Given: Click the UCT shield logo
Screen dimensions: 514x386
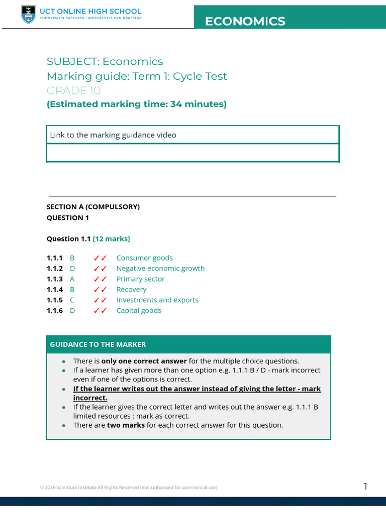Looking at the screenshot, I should tap(29, 15).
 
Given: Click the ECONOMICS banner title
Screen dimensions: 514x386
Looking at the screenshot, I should tap(245, 21).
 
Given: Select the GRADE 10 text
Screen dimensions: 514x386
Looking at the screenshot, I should tap(73, 90).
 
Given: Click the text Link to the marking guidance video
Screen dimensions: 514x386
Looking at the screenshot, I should tap(113, 135).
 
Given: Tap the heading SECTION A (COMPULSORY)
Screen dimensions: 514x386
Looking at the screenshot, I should tap(93, 207).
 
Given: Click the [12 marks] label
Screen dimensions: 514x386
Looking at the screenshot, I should tap(112, 238).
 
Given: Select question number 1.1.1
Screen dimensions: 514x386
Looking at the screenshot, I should tap(55, 258).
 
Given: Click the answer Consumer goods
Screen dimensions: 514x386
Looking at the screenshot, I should tap(144, 258).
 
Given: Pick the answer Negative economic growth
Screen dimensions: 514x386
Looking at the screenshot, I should tap(160, 269).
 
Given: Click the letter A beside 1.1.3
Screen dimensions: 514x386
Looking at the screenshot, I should tap(72, 279).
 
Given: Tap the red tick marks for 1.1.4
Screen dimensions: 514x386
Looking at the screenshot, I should tap(100, 290).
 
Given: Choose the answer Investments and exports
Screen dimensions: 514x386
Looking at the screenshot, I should tap(157, 300).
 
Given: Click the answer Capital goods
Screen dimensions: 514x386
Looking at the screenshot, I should tap(139, 311).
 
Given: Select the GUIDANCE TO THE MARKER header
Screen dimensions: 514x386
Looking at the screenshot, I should tap(98, 344).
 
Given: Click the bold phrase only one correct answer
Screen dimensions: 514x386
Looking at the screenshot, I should tap(144, 361).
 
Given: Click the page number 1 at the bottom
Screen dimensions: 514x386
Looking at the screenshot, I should tap(365, 486).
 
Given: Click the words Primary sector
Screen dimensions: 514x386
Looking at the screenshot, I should tap(140, 279).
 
